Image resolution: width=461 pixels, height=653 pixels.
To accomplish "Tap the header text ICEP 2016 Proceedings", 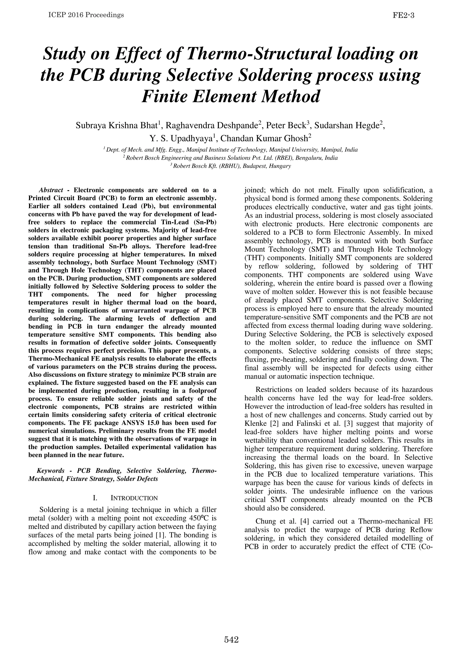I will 86,15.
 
